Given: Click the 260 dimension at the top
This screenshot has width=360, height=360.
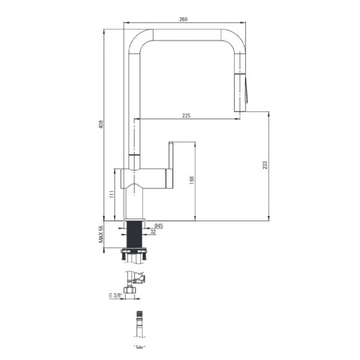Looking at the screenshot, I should pos(184,19).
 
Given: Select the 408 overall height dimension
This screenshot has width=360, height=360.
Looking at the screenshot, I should pos(101,124).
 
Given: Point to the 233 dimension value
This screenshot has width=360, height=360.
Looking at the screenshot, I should pos(265,165).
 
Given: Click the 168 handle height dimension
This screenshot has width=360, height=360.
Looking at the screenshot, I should pos(191,179).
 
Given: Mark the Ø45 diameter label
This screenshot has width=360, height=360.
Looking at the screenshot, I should pos(158,225).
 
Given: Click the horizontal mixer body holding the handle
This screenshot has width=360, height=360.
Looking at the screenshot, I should pos(143,178).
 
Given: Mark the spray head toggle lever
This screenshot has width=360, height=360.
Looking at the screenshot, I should pos(245,90).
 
